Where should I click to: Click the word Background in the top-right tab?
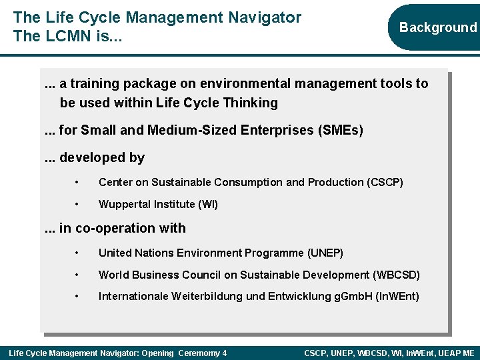tap(438, 27)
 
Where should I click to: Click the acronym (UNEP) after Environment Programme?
tap(325, 253)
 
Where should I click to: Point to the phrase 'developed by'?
tap(101, 158)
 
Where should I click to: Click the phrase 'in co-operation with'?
tap(123, 229)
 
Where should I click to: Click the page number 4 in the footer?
tap(225, 353)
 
